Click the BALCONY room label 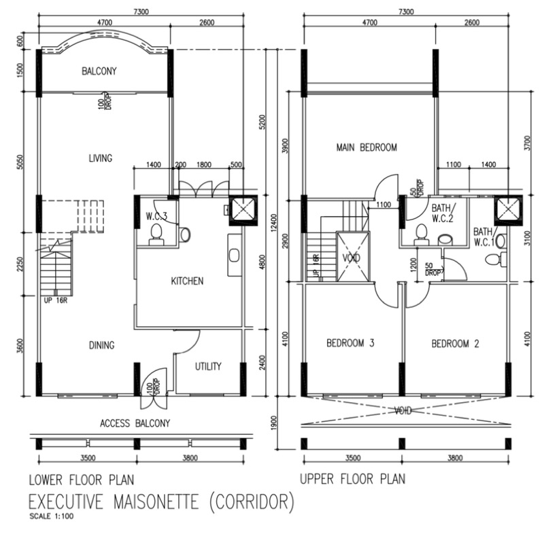(99, 71)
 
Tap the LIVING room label (101, 158)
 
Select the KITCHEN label (187, 281)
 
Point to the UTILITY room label (208, 366)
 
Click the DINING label (101, 345)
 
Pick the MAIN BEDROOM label (367, 147)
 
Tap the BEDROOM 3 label (350, 342)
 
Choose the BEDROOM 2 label (455, 343)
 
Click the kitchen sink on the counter (234, 255)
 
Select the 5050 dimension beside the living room (20, 162)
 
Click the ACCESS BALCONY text (135, 423)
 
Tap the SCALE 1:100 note (52, 516)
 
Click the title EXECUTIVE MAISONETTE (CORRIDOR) (161, 501)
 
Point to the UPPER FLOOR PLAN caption (352, 479)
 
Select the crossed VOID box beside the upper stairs (353, 257)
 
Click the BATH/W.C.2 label (443, 213)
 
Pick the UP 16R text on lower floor (56, 301)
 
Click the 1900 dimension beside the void (274, 423)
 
